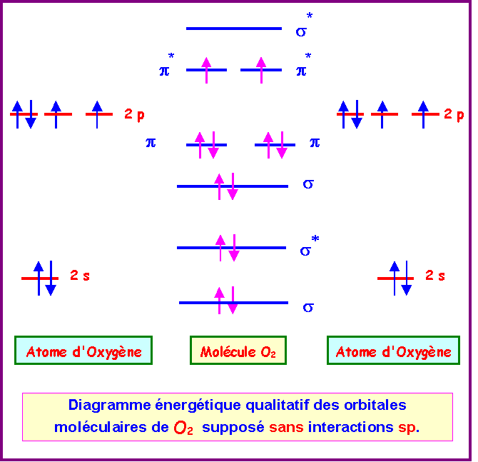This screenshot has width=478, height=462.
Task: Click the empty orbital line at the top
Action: coord(234,29)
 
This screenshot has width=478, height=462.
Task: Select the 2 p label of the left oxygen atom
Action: coord(134,114)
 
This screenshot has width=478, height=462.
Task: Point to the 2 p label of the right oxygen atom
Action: coord(454,114)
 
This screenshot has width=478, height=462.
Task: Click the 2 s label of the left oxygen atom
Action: coord(80,275)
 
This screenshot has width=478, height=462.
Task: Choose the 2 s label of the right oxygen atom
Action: coord(435,275)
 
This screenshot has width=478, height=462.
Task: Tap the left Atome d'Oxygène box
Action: coord(83,351)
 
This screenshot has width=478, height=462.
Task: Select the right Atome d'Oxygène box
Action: coord(393,351)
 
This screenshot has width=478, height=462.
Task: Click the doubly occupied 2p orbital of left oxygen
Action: coord(24,114)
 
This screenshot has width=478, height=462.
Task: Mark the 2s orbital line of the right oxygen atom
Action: coord(396,278)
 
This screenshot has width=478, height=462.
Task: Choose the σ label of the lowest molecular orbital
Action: coord(308,307)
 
